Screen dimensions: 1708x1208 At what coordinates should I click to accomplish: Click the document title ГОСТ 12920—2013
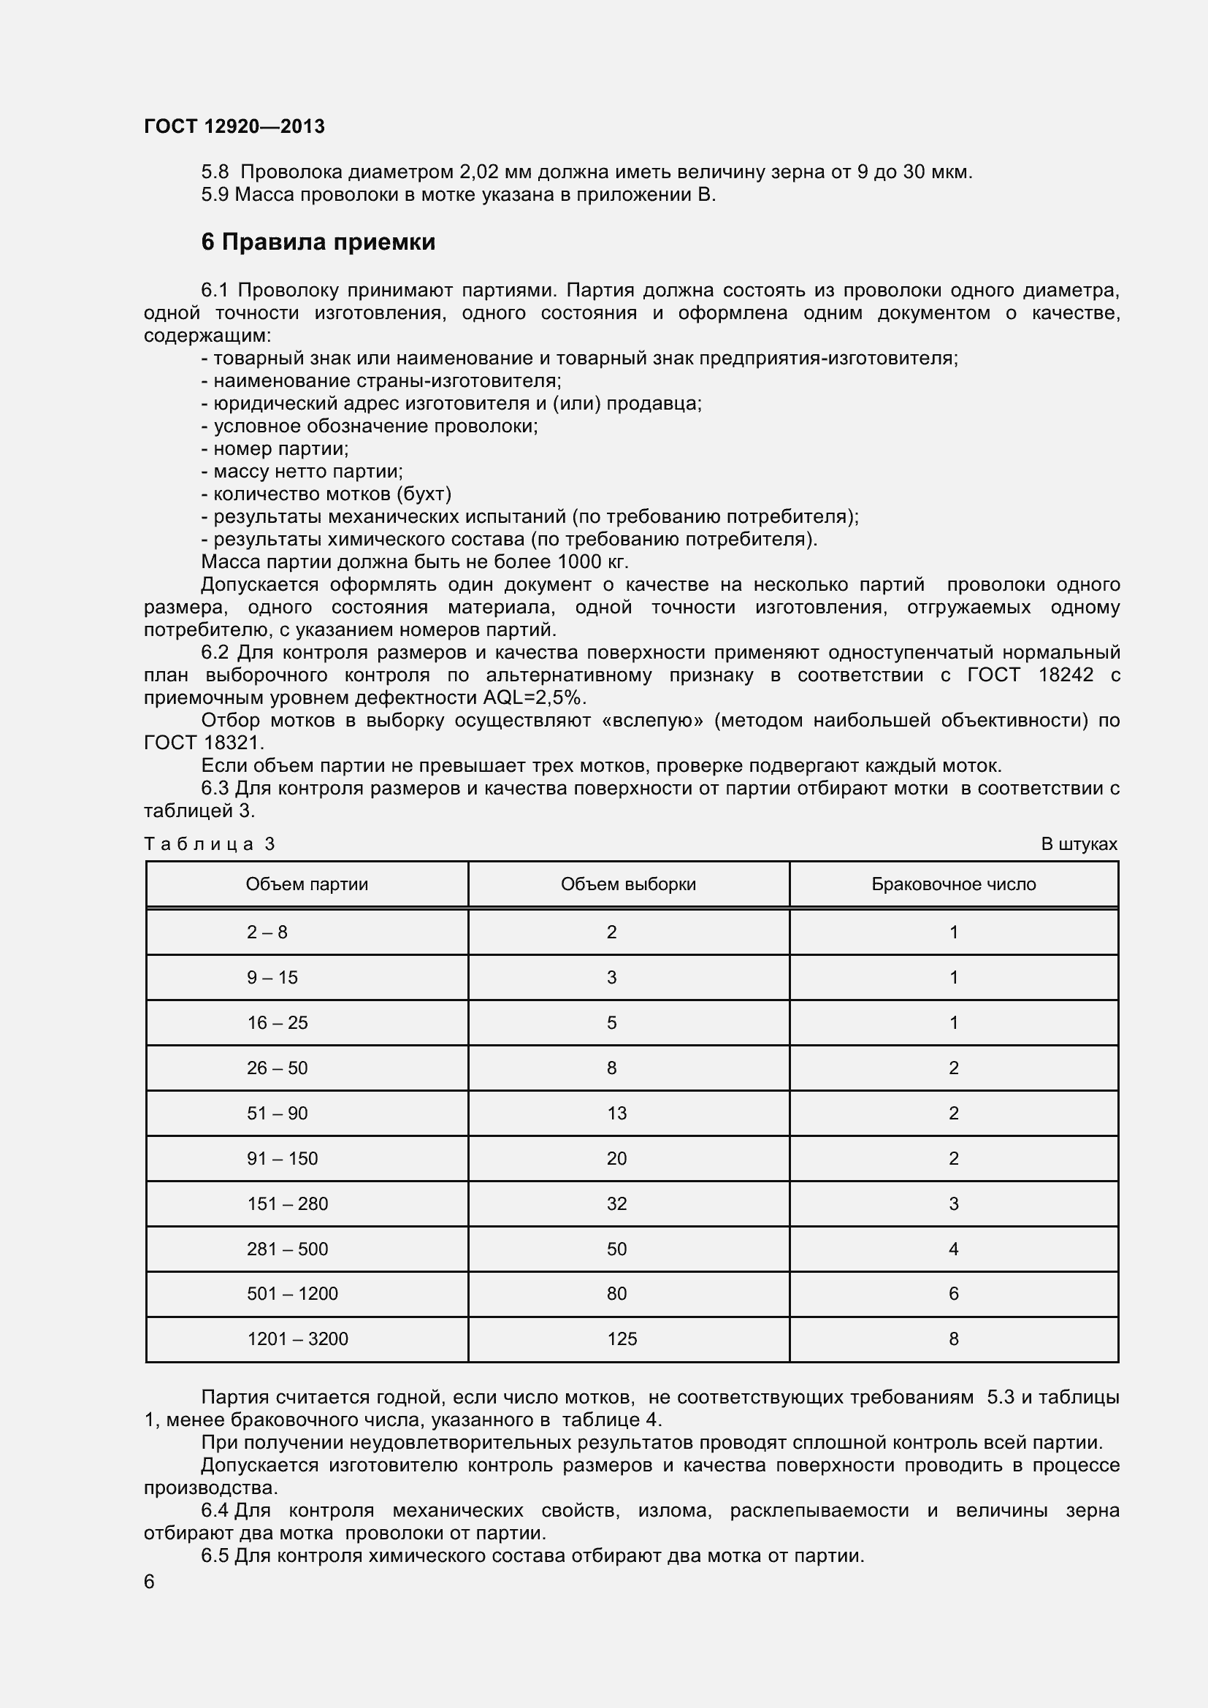click(234, 126)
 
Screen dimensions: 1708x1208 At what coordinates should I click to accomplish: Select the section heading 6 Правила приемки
click(318, 242)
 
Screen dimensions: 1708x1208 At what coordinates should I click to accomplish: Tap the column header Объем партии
click(307, 884)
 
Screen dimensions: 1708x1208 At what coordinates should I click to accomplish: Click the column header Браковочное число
click(954, 884)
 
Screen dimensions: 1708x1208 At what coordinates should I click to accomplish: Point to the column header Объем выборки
click(628, 884)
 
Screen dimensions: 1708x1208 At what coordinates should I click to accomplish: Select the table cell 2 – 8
click(267, 932)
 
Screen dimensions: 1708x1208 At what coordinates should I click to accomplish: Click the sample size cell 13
click(616, 1113)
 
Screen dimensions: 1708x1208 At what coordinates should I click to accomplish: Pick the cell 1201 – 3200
click(297, 1339)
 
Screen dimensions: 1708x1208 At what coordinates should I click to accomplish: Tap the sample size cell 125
click(621, 1339)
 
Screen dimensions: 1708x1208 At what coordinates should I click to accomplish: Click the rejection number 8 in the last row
click(954, 1339)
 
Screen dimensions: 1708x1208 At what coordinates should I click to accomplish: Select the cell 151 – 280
click(287, 1203)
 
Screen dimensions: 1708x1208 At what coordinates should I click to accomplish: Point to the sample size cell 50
click(616, 1249)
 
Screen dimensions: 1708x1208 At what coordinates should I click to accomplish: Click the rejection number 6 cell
click(954, 1294)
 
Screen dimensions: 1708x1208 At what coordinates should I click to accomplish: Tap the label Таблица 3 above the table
click(209, 843)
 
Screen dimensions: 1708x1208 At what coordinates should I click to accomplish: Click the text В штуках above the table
click(1079, 843)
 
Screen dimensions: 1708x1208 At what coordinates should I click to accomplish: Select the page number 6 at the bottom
click(149, 1582)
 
